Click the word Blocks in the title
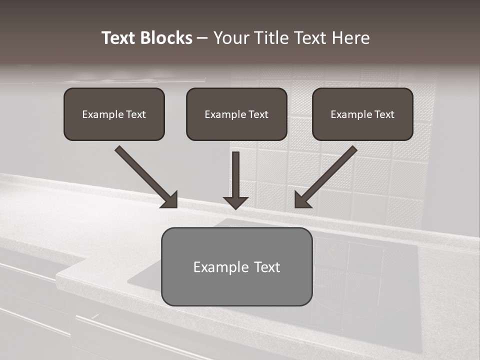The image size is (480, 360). coord(166,38)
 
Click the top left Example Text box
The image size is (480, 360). coord(114,114)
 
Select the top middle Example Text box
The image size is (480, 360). coord(236,114)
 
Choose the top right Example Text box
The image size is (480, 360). coord(362,114)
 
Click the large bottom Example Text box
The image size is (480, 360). coord(236,266)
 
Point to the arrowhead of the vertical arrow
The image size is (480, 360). coord(236,202)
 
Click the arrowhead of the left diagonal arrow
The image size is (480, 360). coord(170,200)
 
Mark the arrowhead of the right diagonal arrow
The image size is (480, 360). coord(302,200)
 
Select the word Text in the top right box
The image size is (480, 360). coord(384,114)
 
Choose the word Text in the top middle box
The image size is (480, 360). coord(258,114)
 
